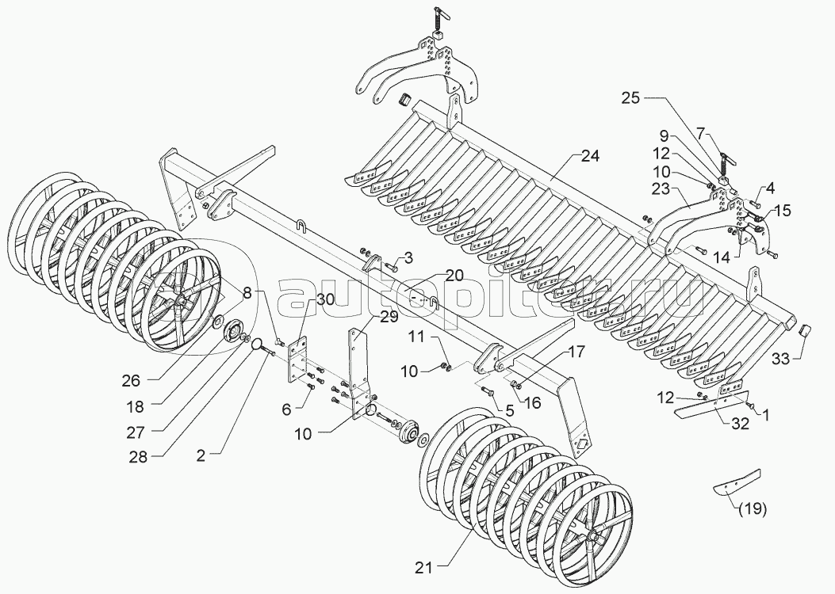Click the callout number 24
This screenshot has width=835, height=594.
pos(590,156)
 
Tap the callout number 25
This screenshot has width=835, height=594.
pos(630,98)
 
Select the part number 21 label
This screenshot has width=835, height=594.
pos(424,569)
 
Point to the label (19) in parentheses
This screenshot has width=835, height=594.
pos(753,509)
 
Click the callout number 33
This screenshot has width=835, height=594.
pos(781,360)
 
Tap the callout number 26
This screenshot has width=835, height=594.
pos(131,381)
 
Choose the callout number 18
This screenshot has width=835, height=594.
pos(136,407)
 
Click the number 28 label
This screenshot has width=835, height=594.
pos(139,457)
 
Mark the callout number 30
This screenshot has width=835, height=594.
pos(325,299)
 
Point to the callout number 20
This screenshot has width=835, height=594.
pos(454,276)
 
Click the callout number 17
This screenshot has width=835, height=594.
pos(576,352)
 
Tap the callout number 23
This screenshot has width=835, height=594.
pos(661,189)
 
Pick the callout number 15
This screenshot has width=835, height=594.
pos(783,211)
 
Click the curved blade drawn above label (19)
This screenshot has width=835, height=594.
pos(737,482)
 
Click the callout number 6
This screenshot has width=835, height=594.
pos(286,409)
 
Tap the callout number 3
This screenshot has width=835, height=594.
pos(408,258)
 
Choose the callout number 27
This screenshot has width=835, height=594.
pos(136,432)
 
